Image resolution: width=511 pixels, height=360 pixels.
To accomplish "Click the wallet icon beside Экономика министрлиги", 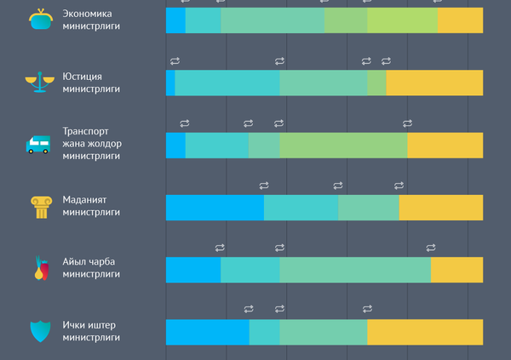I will [38, 20].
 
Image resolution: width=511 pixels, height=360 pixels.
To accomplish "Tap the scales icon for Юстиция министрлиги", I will [38, 83].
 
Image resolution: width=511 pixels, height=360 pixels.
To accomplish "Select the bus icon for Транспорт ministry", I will [38, 144].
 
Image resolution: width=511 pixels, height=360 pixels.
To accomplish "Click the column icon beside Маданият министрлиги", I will [39, 207].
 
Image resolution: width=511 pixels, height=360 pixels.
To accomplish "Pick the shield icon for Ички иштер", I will [39, 331].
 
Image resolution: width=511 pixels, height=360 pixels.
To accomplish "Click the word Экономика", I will [87, 14].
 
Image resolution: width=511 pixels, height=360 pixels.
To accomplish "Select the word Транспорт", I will [86, 131].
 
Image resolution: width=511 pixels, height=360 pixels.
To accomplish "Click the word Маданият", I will [85, 200].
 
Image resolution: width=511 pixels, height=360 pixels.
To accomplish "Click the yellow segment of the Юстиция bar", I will [434, 83].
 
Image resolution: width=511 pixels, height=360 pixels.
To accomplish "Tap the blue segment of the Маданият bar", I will [215, 208].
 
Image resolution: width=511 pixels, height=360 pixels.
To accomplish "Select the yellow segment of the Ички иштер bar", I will [424, 332].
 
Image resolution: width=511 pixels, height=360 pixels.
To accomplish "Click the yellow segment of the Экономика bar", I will [460, 20].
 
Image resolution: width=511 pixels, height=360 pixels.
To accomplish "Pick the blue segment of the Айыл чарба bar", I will [193, 269].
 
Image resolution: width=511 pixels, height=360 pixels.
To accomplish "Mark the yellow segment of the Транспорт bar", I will [445, 145].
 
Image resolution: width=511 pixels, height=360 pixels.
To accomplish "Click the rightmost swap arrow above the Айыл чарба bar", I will [431, 248].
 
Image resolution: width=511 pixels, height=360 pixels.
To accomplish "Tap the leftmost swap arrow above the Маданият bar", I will [264, 186].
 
